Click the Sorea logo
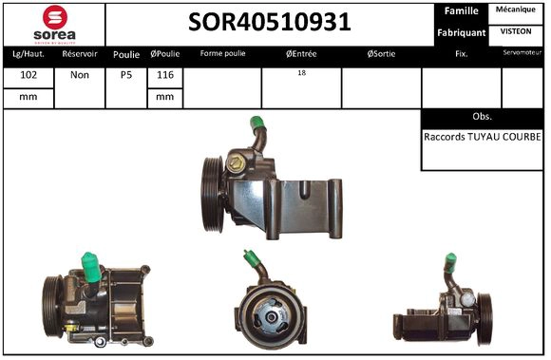pyautogui.click(x=54, y=23)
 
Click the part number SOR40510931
pyautogui.click(x=269, y=23)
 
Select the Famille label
pyautogui.click(x=460, y=11)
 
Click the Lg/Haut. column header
pyautogui.click(x=29, y=54)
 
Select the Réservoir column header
pyautogui.click(x=80, y=54)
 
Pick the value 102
pyautogui.click(x=29, y=74)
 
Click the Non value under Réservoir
pyautogui.click(x=80, y=74)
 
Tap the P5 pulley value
pyautogui.click(x=126, y=74)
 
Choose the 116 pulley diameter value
pyautogui.click(x=164, y=74)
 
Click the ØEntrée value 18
pyautogui.click(x=301, y=72)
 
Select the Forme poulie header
pyautogui.click(x=221, y=54)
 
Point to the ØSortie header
pyautogui.click(x=381, y=54)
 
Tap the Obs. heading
pyautogui.click(x=482, y=116)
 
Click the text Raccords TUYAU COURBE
pyautogui.click(x=482, y=137)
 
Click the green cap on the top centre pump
pyautogui.click(x=256, y=124)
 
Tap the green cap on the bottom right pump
pyautogui.click(x=450, y=263)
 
